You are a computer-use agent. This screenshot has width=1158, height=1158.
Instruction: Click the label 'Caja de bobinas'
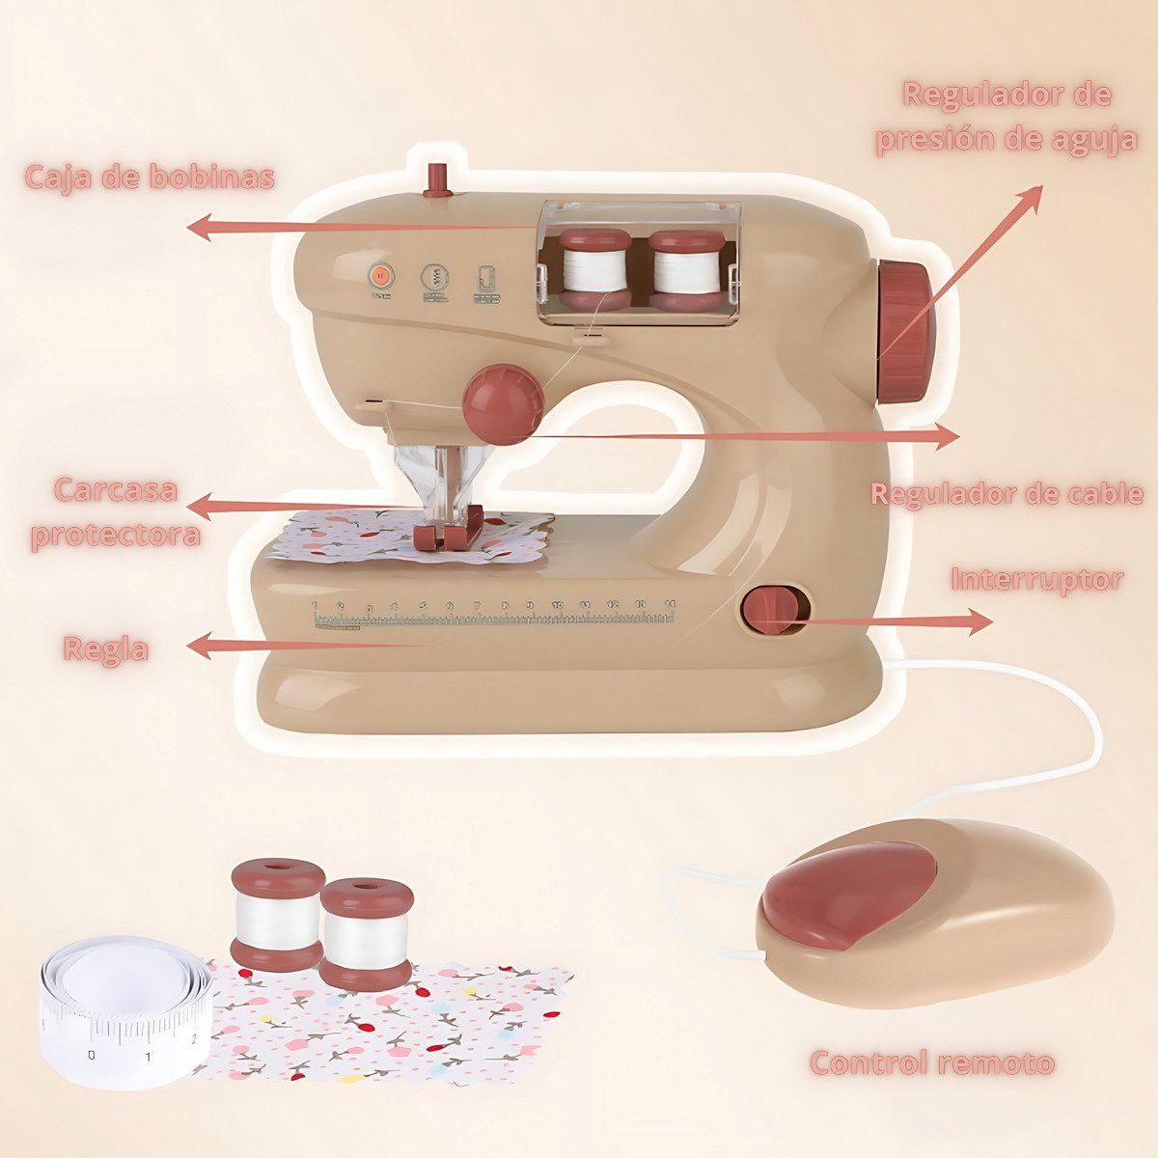(x=149, y=177)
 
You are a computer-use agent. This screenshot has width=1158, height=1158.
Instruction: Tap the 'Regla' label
(x=106, y=649)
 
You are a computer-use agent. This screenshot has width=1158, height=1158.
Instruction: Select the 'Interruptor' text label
(x=1037, y=581)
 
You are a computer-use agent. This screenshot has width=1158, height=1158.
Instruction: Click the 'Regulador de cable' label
(x=1006, y=494)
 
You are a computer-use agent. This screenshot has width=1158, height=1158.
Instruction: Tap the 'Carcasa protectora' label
(x=116, y=512)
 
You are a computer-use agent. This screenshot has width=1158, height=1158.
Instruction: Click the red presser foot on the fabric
(x=449, y=529)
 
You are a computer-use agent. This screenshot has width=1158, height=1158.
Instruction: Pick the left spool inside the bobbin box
(x=594, y=270)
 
